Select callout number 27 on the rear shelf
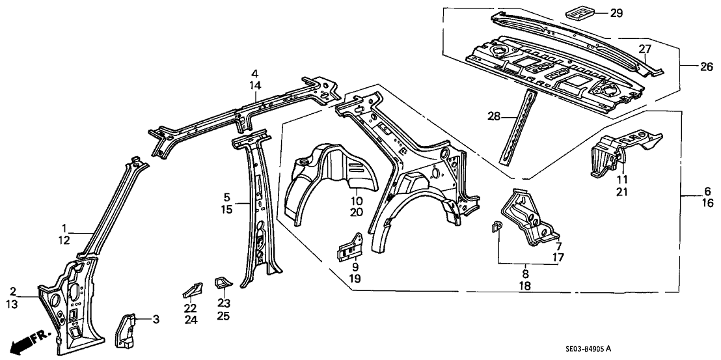644,48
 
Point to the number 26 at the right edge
688,65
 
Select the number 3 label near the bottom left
155,319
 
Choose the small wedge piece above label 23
223,283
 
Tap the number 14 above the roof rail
256,86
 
